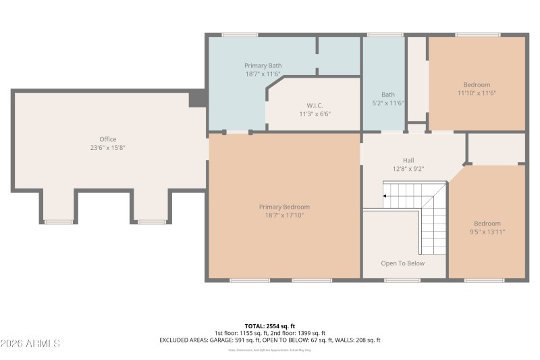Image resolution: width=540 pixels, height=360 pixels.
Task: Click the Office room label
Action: tap(108, 139)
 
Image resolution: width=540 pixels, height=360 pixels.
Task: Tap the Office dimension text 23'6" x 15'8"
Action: tap(108, 147)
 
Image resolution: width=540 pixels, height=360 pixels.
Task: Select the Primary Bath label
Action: tap(263, 66)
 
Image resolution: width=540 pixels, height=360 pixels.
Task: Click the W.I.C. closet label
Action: tap(315, 105)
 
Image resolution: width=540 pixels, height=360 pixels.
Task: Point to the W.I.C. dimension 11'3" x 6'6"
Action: tap(315, 114)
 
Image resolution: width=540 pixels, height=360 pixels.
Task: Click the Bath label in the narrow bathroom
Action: tap(388, 95)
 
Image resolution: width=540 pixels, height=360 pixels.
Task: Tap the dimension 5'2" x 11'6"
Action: tap(388, 103)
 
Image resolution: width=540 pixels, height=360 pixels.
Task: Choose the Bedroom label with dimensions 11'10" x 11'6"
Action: tap(477, 84)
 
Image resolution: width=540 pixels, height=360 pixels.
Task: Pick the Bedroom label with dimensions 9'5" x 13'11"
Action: tap(487, 224)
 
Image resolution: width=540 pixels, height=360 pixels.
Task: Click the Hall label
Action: tap(408, 161)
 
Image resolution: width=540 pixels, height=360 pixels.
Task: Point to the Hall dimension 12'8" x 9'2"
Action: tap(408, 170)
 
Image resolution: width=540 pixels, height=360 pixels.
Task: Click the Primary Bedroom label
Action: tap(284, 207)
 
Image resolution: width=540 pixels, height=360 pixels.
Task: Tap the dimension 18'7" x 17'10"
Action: tap(284, 215)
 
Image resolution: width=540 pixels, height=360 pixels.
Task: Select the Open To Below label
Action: tap(403, 263)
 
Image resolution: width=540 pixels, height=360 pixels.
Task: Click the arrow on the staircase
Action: tap(385, 196)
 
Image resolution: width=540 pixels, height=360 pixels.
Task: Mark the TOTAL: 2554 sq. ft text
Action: tap(270, 326)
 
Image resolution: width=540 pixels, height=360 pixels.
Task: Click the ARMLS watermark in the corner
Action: tap(31, 344)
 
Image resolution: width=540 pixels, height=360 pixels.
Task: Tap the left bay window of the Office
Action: tap(59, 222)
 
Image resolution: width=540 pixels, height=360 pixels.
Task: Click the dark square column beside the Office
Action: tap(198, 99)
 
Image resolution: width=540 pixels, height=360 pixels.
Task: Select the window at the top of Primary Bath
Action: tap(240, 34)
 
